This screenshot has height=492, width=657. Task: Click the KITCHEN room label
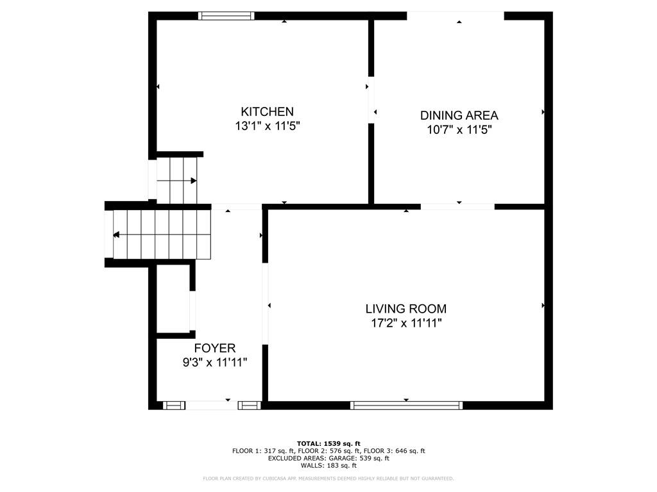tap(267, 111)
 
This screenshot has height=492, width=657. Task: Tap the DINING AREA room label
tap(459, 115)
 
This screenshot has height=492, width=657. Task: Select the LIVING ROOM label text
tap(405, 309)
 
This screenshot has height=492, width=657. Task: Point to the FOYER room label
tap(214, 348)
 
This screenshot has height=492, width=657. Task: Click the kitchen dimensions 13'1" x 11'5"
tap(267, 126)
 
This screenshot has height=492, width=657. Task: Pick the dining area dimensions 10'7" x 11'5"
tap(459, 130)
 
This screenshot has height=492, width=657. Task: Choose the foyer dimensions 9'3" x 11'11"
tap(214, 363)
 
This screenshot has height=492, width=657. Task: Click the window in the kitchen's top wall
tap(226, 16)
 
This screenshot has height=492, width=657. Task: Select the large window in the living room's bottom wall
tap(406, 405)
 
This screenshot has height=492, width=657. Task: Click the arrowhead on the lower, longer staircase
tap(116, 235)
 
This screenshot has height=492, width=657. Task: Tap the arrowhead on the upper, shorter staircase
tap(193, 181)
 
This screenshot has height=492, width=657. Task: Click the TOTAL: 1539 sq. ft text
tap(328, 443)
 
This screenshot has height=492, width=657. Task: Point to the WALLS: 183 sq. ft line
tap(328, 465)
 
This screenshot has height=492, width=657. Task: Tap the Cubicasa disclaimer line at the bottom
tap(328, 479)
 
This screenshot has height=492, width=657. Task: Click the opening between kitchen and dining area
tap(371, 99)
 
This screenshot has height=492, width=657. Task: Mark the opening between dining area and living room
tap(457, 206)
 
